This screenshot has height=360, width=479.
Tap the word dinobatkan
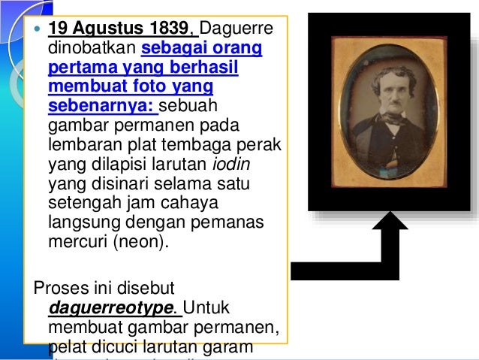(91, 50)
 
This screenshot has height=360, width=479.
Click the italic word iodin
(228, 165)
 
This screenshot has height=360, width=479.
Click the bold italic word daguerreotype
(112, 307)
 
